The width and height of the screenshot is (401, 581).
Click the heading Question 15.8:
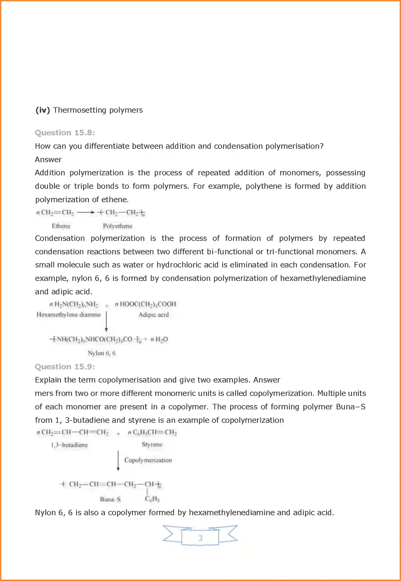(65, 132)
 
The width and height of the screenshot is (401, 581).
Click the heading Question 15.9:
(65, 366)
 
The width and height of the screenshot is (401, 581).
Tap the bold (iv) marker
(42, 110)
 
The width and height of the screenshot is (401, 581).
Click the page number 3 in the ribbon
(200, 538)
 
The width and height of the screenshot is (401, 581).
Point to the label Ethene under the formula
(61, 226)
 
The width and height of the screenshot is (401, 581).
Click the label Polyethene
(118, 226)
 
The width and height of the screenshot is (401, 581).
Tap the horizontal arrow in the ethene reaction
(86, 212)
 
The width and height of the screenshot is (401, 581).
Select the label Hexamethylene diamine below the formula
(69, 315)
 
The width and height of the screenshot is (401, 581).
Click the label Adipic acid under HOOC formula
(154, 315)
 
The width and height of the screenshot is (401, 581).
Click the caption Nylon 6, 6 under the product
(102, 353)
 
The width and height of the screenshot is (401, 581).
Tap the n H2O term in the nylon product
(159, 339)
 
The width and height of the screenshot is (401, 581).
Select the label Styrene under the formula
(152, 444)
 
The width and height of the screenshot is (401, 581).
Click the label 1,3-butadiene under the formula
(69, 445)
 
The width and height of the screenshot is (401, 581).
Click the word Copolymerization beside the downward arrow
(148, 460)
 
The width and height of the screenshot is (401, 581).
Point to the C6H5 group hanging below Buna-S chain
(152, 499)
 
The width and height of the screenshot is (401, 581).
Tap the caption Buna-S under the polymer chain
(110, 499)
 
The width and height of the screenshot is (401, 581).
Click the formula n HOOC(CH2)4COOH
(145, 304)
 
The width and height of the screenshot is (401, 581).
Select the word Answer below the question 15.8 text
(48, 160)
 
